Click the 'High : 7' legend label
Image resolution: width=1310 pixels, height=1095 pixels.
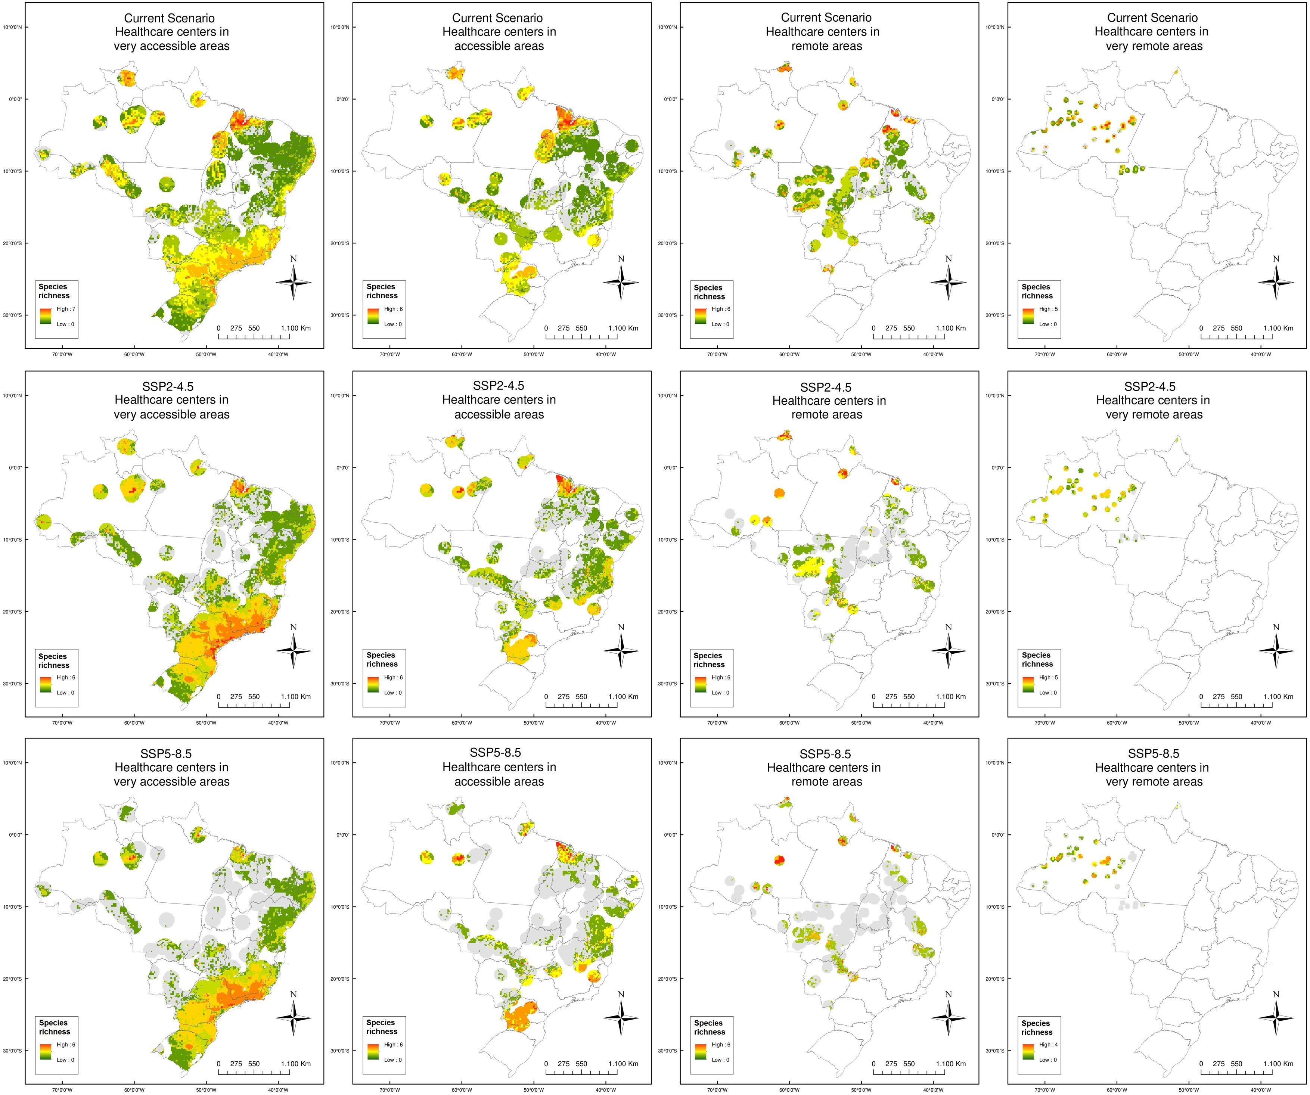pyautogui.click(x=66, y=309)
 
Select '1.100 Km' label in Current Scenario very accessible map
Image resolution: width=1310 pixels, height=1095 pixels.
pyautogui.click(x=296, y=328)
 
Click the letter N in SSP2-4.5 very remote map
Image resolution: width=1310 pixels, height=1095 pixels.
pyautogui.click(x=1276, y=627)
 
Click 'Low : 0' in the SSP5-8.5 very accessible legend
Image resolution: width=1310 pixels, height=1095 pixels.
pyautogui.click(x=65, y=1060)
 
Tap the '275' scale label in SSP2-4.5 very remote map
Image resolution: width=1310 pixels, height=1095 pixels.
pyautogui.click(x=1218, y=697)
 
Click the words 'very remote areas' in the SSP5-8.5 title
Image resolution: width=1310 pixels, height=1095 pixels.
pyautogui.click(x=1154, y=781)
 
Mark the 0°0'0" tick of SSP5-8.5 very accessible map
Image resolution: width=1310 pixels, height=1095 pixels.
pyautogui.click(x=15, y=834)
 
